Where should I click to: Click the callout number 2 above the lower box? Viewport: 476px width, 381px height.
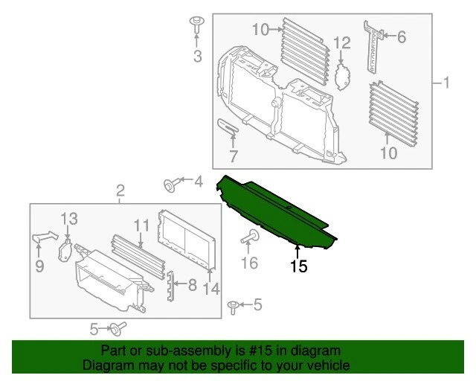point(120,193)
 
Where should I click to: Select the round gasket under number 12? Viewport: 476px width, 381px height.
point(342,75)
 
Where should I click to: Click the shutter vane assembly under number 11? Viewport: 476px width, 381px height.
point(138,254)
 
